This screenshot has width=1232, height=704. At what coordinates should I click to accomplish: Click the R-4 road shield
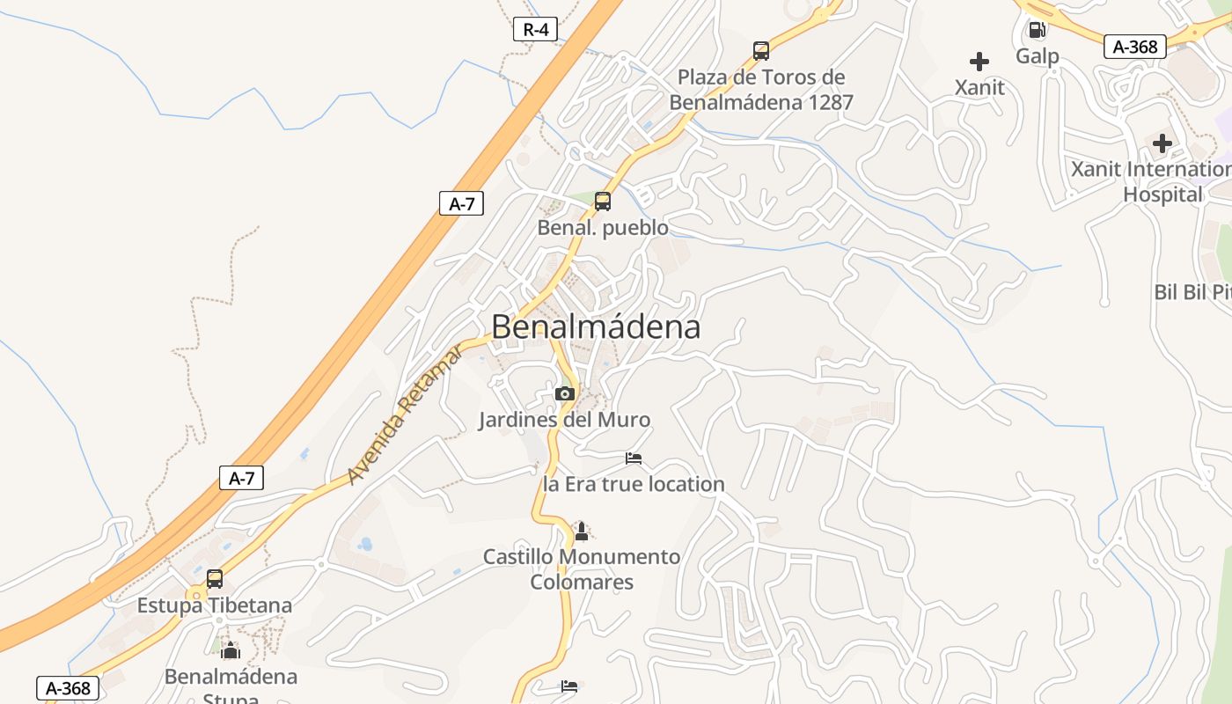536,29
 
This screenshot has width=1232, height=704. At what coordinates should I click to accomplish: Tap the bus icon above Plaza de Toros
761,51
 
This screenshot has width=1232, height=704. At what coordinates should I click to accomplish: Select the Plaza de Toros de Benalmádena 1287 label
761,90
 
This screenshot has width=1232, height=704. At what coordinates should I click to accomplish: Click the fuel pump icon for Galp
1038,30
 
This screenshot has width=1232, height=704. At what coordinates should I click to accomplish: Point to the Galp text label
1038,56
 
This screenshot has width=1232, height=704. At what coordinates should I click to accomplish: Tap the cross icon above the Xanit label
979,62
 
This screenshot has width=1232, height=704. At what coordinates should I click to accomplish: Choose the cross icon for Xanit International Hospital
1162,143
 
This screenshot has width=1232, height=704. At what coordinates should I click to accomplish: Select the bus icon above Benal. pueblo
603,202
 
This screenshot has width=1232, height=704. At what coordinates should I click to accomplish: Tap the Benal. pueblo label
603,228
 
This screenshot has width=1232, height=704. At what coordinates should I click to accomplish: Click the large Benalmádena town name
596,327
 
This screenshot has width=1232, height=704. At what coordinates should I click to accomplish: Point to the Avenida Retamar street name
405,414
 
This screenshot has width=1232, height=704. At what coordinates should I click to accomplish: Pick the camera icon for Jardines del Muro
565,393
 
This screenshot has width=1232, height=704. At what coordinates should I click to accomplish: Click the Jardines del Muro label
565,420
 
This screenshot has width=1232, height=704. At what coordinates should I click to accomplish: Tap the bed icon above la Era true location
634,458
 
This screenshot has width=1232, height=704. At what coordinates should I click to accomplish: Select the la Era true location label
634,484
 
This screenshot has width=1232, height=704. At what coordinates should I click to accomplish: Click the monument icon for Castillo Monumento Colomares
581,532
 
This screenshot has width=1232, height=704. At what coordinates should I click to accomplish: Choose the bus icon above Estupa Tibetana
215,579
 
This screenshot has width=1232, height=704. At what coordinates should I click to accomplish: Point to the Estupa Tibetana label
215,605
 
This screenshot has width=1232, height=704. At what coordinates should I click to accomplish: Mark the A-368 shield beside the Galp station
1135,47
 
